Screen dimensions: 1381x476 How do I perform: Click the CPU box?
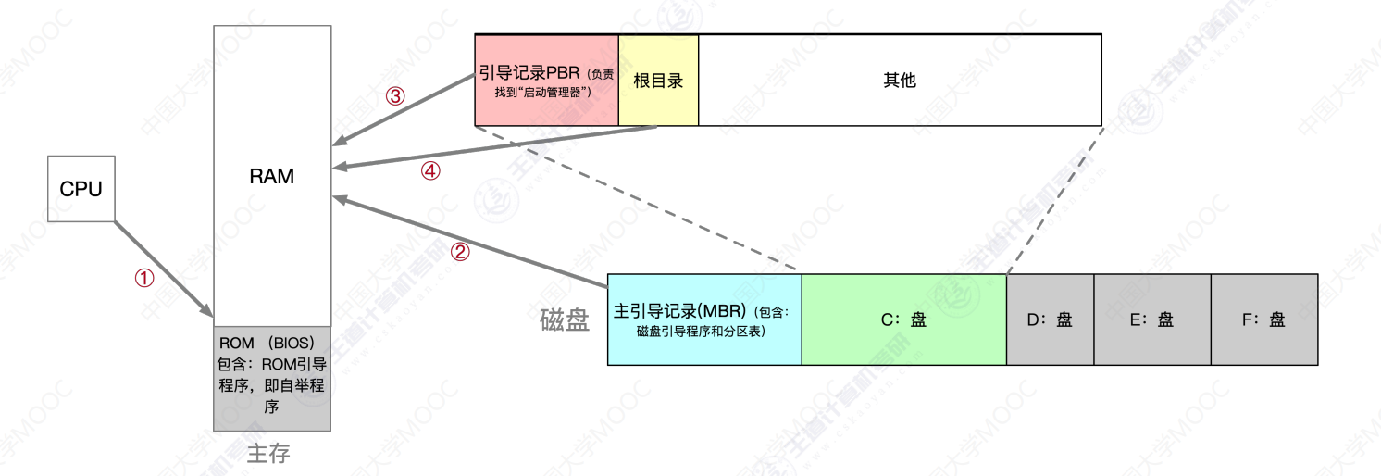(81, 189)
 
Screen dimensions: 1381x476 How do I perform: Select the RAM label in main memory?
(272, 176)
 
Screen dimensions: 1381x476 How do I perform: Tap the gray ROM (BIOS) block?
(272, 379)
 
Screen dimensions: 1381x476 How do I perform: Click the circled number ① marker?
(144, 278)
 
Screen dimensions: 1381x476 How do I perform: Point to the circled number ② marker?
(460, 252)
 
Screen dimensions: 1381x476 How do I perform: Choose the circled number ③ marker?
(395, 96)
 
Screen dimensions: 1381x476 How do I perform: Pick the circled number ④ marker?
(430, 170)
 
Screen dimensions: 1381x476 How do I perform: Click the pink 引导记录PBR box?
(546, 81)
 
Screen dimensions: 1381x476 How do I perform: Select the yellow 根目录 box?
(658, 81)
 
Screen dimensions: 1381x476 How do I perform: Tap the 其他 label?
(900, 81)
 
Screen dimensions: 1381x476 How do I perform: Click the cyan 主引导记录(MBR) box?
(704, 319)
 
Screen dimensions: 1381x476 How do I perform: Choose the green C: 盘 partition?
(903, 319)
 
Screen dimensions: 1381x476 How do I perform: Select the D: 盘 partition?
(1050, 319)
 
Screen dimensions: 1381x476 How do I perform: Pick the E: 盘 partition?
(1152, 319)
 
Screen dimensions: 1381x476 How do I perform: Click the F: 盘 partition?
(1264, 319)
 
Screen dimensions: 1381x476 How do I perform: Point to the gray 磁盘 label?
(565, 320)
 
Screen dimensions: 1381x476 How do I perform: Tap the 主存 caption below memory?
(268, 454)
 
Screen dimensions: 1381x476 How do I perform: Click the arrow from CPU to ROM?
(164, 269)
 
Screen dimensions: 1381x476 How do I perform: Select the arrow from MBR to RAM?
(470, 242)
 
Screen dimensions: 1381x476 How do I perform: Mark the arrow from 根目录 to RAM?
(494, 146)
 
